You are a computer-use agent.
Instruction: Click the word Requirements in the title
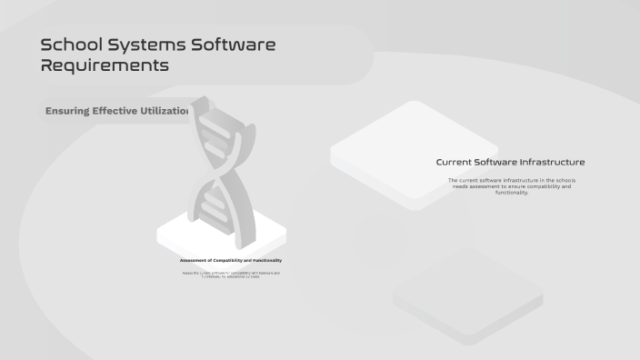tap(105, 65)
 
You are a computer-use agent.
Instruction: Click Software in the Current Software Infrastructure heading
tap(497, 162)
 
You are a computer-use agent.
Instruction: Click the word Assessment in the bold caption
tap(195, 260)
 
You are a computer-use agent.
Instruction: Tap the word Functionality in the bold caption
tap(265, 260)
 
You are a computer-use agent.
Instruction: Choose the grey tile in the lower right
tap(469, 295)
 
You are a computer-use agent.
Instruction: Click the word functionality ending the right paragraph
tap(511, 193)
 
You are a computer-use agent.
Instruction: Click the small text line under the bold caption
tap(231, 274)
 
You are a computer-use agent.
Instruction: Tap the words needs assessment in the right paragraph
tap(478, 186)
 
